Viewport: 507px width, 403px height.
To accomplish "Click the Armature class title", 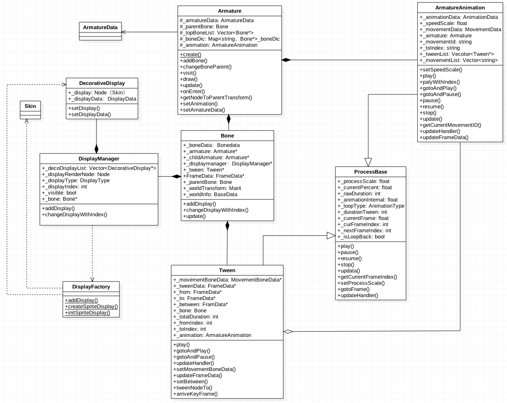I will click(229, 11).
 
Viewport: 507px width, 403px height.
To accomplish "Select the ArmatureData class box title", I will click(100, 27).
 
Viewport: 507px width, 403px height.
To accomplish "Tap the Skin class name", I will click(30, 106).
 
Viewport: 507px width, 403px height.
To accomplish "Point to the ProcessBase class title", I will click(370, 172).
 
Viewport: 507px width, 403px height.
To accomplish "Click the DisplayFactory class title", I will click(91, 286).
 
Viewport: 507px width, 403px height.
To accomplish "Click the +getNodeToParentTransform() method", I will click(216, 98).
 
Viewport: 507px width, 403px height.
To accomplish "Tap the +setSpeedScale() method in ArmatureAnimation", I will click(440, 70).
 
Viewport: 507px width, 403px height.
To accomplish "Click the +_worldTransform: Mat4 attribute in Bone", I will click(212, 188).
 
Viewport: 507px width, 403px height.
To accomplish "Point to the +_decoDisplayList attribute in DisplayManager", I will click(99, 168).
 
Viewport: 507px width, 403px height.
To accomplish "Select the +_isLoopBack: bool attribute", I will click(361, 237).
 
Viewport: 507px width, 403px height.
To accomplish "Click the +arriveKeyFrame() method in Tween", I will click(195, 394).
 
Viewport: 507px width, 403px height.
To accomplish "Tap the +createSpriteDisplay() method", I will click(91, 307).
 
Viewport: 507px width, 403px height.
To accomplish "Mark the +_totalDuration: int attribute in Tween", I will click(196, 317).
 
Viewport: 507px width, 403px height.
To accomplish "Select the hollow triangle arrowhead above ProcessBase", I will click(368, 162).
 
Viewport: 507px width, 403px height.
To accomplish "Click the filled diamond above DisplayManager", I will click(96, 149).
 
